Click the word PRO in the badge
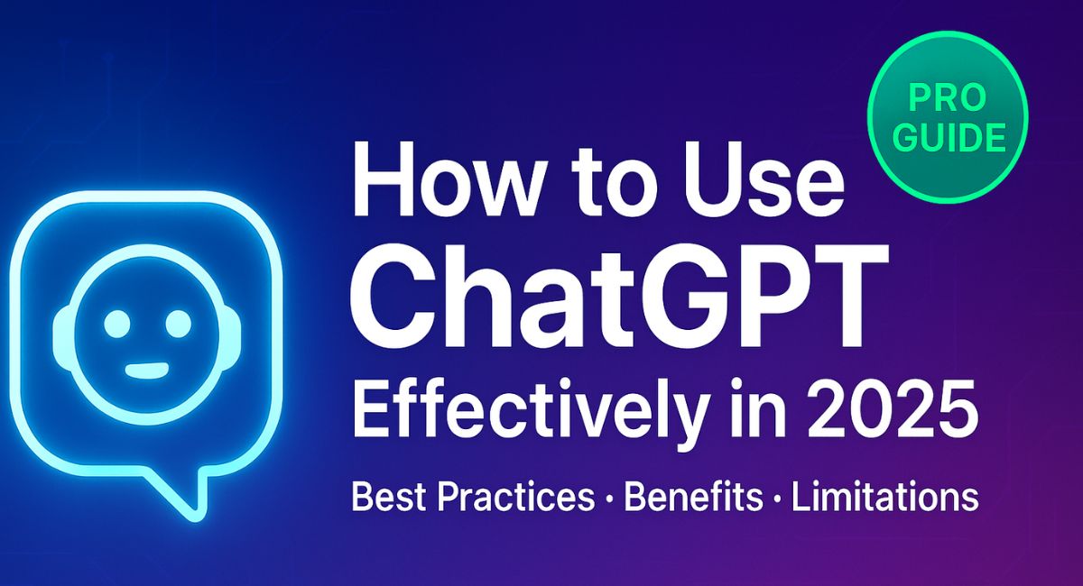point(949,96)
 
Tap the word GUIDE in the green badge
point(949,138)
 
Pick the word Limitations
point(885,498)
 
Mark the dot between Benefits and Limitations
point(776,499)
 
